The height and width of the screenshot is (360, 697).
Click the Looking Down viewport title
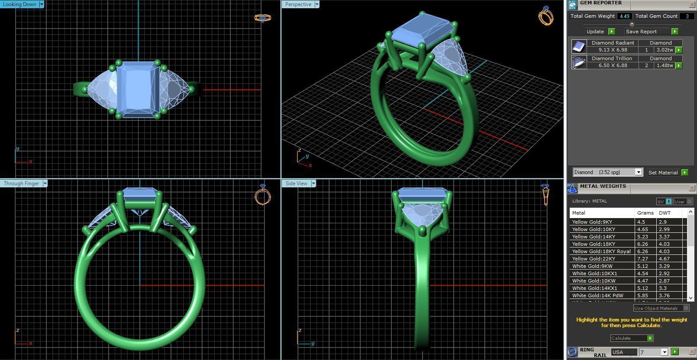click(x=19, y=4)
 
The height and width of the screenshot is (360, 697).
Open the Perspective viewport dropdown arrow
click(x=317, y=4)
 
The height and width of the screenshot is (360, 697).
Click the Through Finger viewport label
click(x=21, y=183)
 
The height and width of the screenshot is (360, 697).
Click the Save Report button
click(x=641, y=32)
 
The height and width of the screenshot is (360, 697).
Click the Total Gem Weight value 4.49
click(x=624, y=16)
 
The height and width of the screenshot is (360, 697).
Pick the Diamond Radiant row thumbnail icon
click(x=579, y=46)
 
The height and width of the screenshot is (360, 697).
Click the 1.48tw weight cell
click(x=665, y=65)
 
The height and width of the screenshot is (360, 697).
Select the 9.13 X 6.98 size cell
click(x=613, y=50)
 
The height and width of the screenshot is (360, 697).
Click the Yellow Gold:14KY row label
click(x=594, y=237)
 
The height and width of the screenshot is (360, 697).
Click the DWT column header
click(x=665, y=213)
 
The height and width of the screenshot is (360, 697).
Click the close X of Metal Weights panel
click(x=692, y=188)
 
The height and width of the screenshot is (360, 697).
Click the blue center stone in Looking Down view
click(x=138, y=89)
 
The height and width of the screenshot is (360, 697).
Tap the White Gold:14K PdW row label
click(x=597, y=296)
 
